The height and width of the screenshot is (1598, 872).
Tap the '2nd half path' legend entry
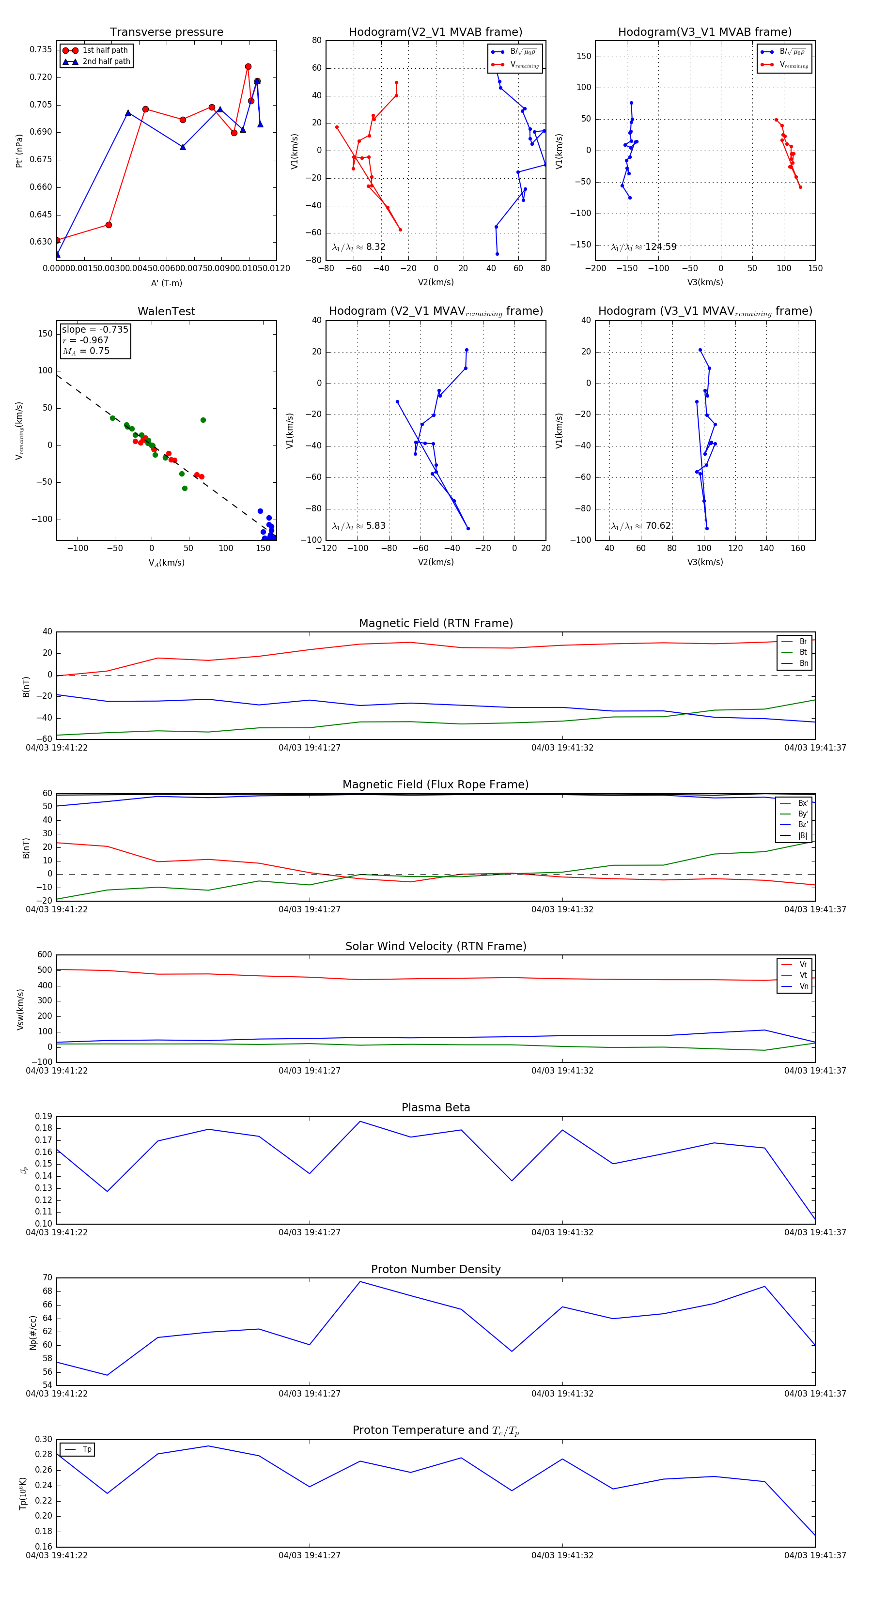pos(106,61)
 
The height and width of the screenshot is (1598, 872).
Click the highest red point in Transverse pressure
pos(248,66)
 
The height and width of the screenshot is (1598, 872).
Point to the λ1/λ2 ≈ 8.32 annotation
pos(358,247)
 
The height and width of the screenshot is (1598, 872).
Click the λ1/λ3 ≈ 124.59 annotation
pos(644,247)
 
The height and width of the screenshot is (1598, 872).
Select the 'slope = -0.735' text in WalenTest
pos(95,329)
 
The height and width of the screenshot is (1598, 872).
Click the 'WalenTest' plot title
pos(166,311)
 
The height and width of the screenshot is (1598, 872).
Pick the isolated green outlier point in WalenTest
pos(203,420)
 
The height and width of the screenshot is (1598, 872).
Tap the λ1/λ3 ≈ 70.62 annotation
pos(641,526)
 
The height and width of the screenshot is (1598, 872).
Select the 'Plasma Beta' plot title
pos(436,1107)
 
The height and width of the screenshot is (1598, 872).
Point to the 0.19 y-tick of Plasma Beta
pos(44,1116)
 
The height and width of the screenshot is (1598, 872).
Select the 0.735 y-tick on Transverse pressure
pos(41,49)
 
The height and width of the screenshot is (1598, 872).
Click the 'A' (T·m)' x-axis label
pos(166,283)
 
